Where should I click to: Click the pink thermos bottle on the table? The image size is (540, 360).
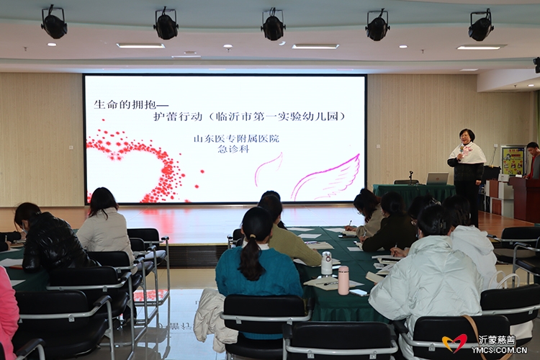point(343,280)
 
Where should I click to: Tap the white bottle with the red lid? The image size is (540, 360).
point(326,263)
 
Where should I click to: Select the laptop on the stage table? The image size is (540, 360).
point(437,179)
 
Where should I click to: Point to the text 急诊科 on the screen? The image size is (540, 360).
point(233,149)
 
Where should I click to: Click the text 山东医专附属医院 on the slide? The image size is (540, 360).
point(236,138)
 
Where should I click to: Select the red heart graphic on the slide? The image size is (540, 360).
point(138,166)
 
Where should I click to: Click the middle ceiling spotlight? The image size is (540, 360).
point(273,24)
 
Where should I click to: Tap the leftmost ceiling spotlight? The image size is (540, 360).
point(54,22)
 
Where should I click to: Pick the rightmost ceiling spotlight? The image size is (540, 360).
point(481,25)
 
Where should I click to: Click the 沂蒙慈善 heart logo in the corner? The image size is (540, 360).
point(454,343)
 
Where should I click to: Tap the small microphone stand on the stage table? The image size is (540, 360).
point(411,177)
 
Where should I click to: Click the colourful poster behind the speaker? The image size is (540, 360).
point(512,160)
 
